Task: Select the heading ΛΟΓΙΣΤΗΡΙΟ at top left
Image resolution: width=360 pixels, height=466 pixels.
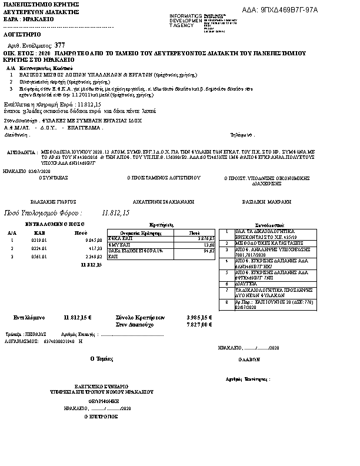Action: click(x=20, y=35)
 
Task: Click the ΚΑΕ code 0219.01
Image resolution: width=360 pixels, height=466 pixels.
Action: click(x=39, y=240)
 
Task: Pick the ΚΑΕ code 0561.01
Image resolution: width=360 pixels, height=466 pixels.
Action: click(x=39, y=256)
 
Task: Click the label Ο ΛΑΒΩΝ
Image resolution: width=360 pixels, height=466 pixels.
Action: click(x=248, y=358)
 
